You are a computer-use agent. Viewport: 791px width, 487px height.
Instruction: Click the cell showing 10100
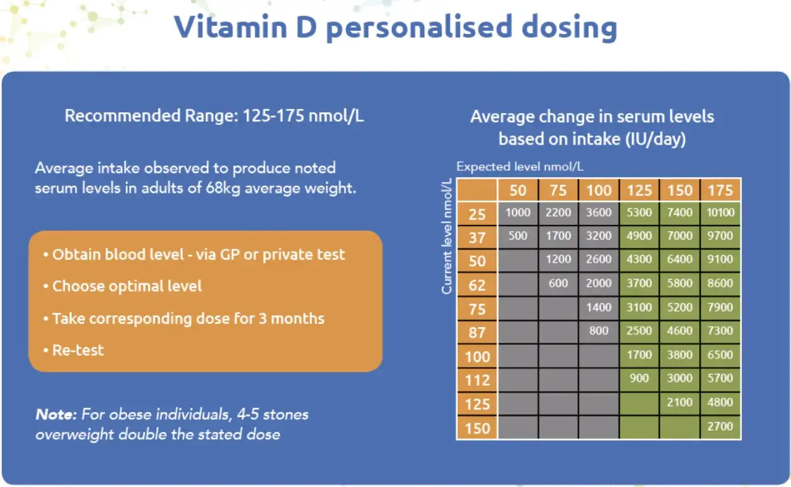[721, 213]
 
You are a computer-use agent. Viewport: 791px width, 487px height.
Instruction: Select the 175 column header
[721, 190]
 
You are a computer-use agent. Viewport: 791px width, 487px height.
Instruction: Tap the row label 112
[477, 380]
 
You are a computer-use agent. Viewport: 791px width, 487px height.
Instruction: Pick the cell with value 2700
[721, 426]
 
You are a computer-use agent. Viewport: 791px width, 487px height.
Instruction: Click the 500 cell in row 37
[518, 236]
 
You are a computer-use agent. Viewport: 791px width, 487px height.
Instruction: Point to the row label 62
[477, 285]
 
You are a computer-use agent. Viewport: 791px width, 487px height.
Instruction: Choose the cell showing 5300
[639, 213]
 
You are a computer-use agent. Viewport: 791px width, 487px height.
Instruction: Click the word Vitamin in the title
[231, 27]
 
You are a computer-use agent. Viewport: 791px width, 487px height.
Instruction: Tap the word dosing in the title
[569, 28]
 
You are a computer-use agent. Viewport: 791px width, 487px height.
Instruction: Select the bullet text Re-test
[78, 350]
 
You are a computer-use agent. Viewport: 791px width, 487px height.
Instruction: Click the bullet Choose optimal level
[127, 286]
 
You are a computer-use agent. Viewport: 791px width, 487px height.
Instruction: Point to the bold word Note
[56, 414]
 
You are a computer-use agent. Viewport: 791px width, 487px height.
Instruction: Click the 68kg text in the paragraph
[223, 188]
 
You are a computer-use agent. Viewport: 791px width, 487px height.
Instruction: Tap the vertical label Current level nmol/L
[447, 236]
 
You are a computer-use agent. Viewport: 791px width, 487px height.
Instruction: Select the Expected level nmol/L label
[520, 166]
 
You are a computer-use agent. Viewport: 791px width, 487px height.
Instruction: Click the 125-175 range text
[273, 116]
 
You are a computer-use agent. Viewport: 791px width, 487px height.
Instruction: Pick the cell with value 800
[599, 331]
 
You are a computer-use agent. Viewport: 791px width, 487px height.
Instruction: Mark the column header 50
[518, 190]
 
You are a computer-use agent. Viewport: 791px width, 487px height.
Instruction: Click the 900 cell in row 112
[639, 379]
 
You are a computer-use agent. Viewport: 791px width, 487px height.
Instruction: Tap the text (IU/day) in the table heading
[656, 139]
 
